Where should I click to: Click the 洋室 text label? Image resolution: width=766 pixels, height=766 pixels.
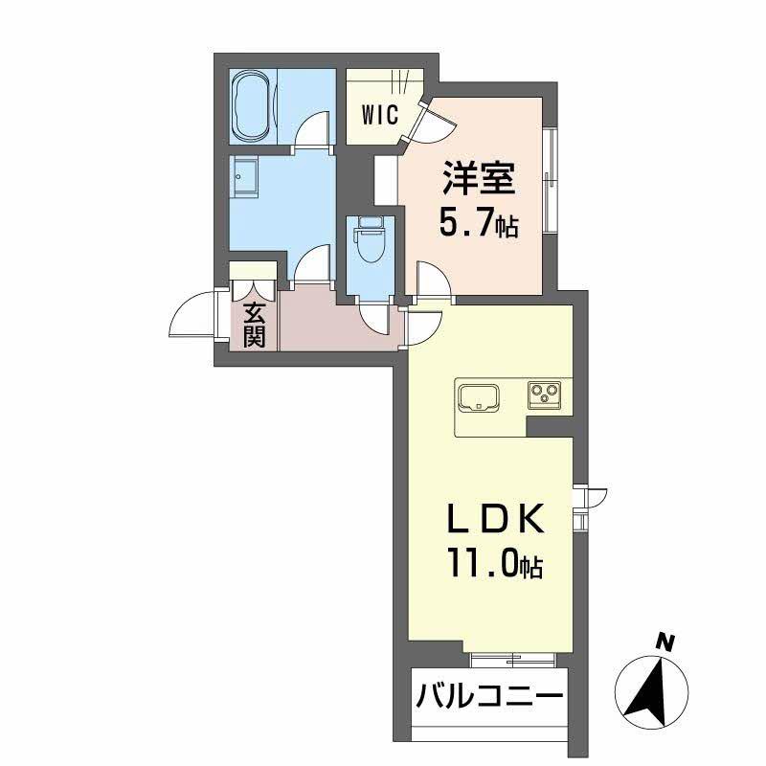coord(478,179)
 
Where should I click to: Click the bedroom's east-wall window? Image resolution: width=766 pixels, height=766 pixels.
coord(550,180)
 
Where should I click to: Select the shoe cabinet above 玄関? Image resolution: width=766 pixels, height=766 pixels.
coord(253,269)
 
